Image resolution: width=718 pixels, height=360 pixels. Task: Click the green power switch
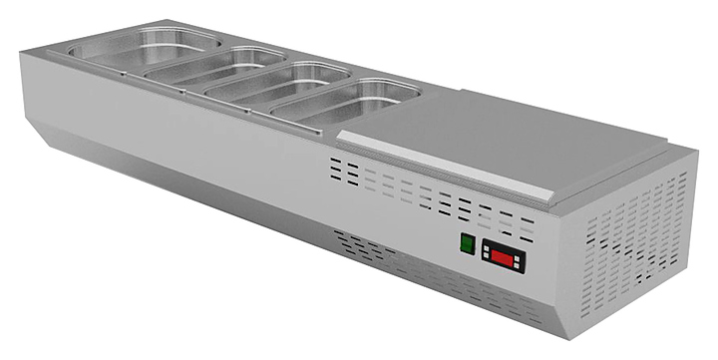[x=465, y=243]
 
